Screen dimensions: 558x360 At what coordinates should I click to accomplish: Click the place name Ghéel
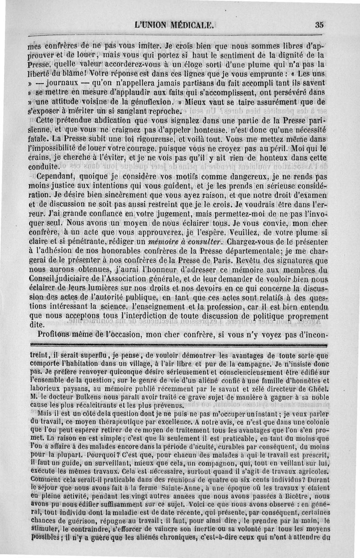click(x=317, y=398)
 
